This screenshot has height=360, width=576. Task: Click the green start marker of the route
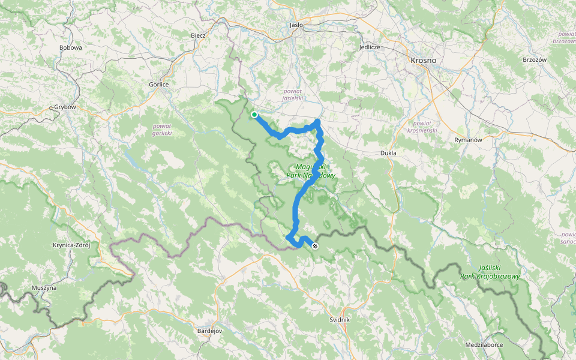(x=254, y=115)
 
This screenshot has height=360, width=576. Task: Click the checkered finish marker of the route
(x=315, y=245)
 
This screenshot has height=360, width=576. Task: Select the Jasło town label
(x=296, y=25)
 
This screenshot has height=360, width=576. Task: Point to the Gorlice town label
(x=159, y=85)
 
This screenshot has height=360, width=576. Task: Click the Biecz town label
(x=198, y=35)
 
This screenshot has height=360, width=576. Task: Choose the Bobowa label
(x=70, y=47)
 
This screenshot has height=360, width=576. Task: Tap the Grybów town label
(x=65, y=107)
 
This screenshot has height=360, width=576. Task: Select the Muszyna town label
(x=44, y=288)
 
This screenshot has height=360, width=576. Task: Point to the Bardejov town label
(x=210, y=331)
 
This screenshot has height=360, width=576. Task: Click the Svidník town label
(x=340, y=320)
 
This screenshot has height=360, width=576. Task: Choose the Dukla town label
(x=389, y=153)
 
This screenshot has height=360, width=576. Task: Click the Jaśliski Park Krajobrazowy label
(x=490, y=273)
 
